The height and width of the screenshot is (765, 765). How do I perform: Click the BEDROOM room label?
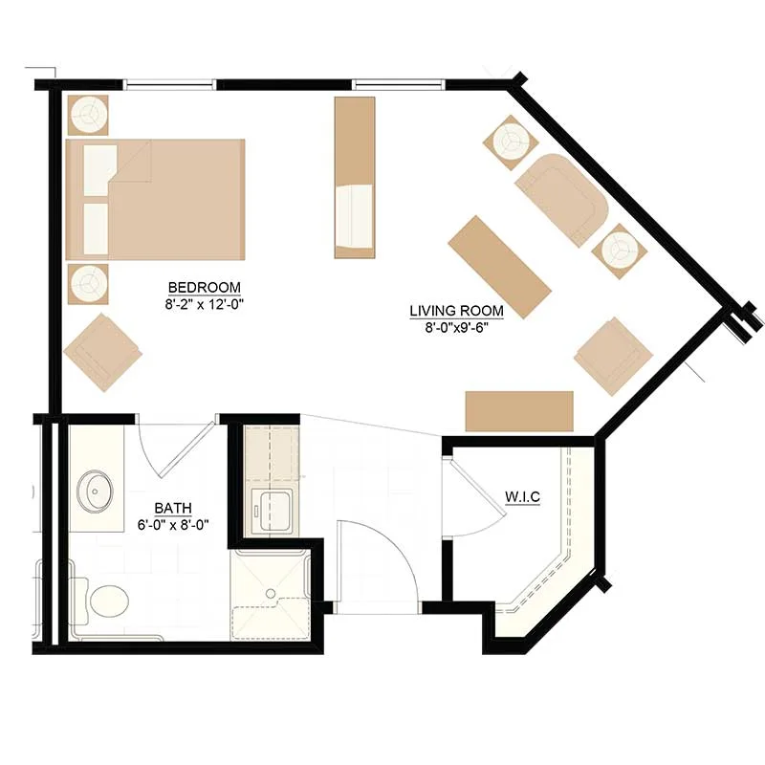point(204,287)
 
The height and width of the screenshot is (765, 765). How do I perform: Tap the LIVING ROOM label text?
point(456,311)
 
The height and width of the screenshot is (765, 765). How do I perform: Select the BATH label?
point(173,509)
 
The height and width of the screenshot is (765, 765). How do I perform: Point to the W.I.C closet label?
point(522,497)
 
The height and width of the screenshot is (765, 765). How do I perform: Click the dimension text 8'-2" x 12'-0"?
point(204,305)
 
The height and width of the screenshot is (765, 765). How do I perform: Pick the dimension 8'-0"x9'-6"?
point(457,328)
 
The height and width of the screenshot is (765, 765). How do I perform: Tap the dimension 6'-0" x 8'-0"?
point(173,525)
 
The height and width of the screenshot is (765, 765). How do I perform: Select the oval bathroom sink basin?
point(95,492)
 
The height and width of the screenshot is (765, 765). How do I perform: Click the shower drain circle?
point(271,593)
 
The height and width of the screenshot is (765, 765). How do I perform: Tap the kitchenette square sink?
point(273,511)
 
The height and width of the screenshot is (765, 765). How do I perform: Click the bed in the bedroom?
point(155,200)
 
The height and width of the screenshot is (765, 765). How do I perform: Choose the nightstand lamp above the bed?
point(88,115)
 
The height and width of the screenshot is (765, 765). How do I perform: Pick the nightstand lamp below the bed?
point(88,284)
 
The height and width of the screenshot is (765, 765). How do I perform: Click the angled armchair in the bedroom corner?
point(102,352)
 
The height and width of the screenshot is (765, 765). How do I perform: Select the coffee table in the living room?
point(499,267)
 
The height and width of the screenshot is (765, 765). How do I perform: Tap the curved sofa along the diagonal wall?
point(562,201)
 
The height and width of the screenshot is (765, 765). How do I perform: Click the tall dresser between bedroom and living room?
point(355,178)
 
